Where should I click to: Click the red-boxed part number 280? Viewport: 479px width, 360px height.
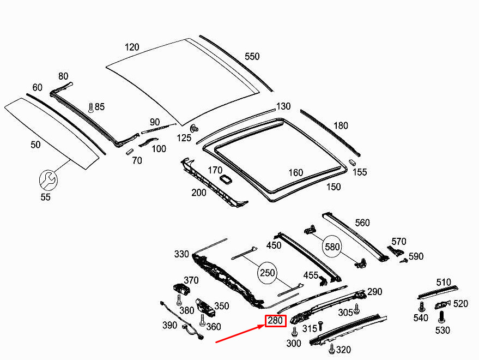(275, 321)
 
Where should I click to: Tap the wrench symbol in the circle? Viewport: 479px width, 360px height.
(48, 181)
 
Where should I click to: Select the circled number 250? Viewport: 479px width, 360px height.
(268, 273)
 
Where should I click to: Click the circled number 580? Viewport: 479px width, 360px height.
(332, 247)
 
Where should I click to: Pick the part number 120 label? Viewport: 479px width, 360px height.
(132, 47)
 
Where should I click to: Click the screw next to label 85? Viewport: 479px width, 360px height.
(90, 107)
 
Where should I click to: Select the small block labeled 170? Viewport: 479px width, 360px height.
(226, 178)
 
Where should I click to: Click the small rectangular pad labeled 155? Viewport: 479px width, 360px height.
(352, 162)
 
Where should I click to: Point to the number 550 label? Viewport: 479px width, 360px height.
(252, 56)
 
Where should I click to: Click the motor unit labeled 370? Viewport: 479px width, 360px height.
(181, 289)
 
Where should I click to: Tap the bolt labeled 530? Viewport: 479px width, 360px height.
(441, 316)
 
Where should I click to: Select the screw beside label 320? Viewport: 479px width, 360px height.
(331, 349)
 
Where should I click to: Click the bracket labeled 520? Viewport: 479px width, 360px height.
(442, 305)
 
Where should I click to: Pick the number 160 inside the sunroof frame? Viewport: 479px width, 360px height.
(296, 173)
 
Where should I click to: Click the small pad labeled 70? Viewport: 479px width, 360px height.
(130, 152)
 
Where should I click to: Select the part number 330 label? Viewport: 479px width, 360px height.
(181, 254)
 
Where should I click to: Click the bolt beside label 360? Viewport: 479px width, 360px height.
(202, 320)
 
